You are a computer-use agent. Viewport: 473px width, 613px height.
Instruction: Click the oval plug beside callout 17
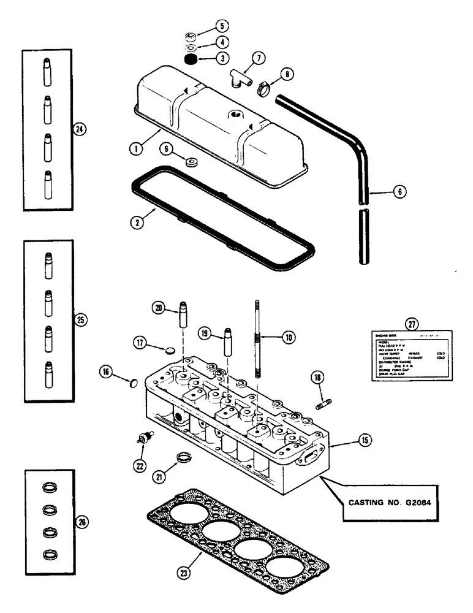point(170,349)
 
